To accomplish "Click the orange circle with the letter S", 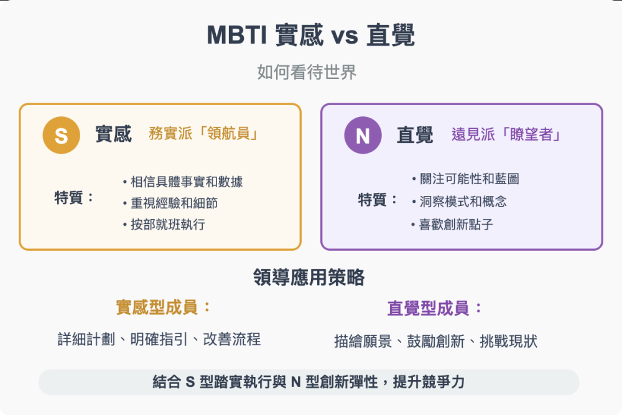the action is (x=61, y=135).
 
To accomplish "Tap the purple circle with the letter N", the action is (x=363, y=135).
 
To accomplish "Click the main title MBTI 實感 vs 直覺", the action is (x=310, y=35).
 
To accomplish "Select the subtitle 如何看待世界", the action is (x=307, y=72).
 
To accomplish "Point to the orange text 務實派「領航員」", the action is (x=203, y=134).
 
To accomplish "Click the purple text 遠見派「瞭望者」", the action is (x=506, y=134).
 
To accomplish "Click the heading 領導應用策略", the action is (x=309, y=277).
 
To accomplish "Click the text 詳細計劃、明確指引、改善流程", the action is (x=159, y=340).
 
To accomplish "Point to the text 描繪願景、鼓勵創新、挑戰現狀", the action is (x=435, y=341).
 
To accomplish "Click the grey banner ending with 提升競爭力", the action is (x=309, y=382).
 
